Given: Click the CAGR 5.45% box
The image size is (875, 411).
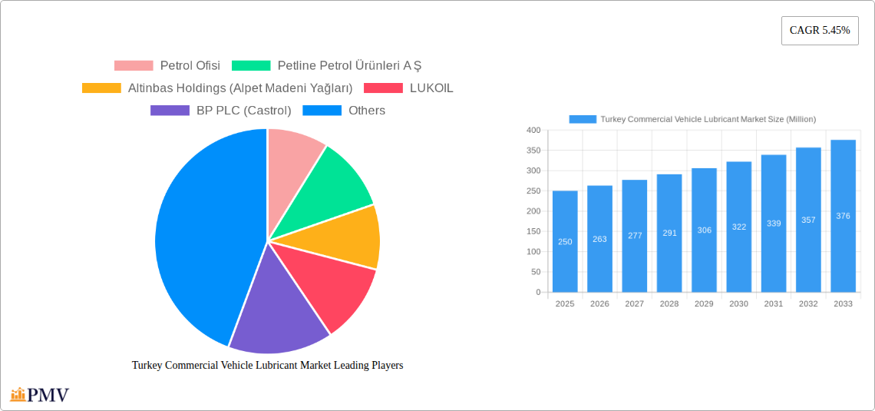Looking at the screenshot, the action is click(820, 31).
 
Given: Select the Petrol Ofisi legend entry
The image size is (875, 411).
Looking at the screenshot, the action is click(167, 65).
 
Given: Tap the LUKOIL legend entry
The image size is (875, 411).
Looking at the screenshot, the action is click(408, 88).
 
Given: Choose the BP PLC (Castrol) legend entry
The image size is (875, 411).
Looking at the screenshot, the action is click(221, 110).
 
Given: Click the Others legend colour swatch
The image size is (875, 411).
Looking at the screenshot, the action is click(322, 110).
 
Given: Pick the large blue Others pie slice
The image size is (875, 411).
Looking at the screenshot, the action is click(206, 234).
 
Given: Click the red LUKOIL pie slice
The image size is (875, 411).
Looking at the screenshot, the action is click(329, 285).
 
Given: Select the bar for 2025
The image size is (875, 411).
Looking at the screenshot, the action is click(565, 241).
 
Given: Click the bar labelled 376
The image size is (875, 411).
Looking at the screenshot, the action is click(843, 216).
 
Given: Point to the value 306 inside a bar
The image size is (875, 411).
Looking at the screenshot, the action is click(705, 230).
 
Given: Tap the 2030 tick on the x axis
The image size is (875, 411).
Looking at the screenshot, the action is click(739, 303).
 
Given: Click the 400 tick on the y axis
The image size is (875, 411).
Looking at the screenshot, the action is click(533, 130).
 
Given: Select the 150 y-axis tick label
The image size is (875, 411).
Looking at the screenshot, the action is click(533, 232).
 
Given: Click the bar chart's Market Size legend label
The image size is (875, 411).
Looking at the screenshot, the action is click(708, 119).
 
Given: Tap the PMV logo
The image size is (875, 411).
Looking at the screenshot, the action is click(40, 395).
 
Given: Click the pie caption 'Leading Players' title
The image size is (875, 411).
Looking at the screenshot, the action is click(267, 365).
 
